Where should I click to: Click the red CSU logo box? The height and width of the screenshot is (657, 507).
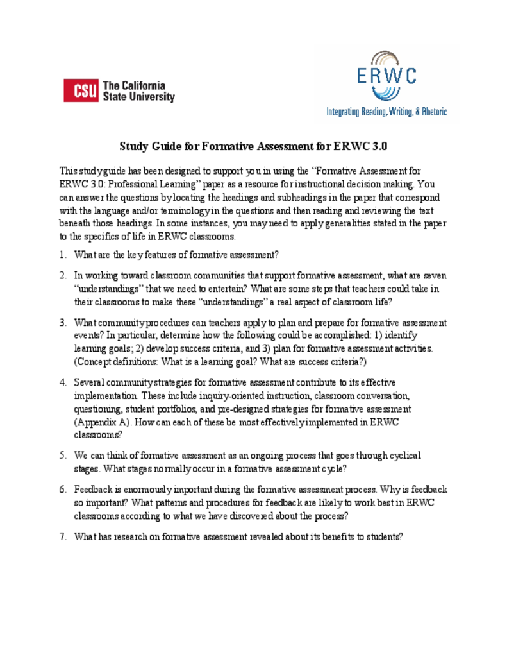point(81,90)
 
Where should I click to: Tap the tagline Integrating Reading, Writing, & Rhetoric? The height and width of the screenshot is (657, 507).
point(386,112)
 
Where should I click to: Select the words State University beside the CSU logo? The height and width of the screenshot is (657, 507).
point(139,97)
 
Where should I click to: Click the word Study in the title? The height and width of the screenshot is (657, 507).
point(134,146)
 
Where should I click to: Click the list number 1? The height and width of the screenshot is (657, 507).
point(63,255)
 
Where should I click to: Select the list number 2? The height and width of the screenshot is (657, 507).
point(63,276)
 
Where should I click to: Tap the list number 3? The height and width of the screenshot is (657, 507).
point(63,322)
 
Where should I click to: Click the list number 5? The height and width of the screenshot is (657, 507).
point(63,455)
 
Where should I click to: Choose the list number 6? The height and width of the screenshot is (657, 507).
point(63,489)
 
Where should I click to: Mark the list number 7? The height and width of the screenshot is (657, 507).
point(63,536)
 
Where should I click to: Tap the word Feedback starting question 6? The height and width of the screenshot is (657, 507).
point(94,489)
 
